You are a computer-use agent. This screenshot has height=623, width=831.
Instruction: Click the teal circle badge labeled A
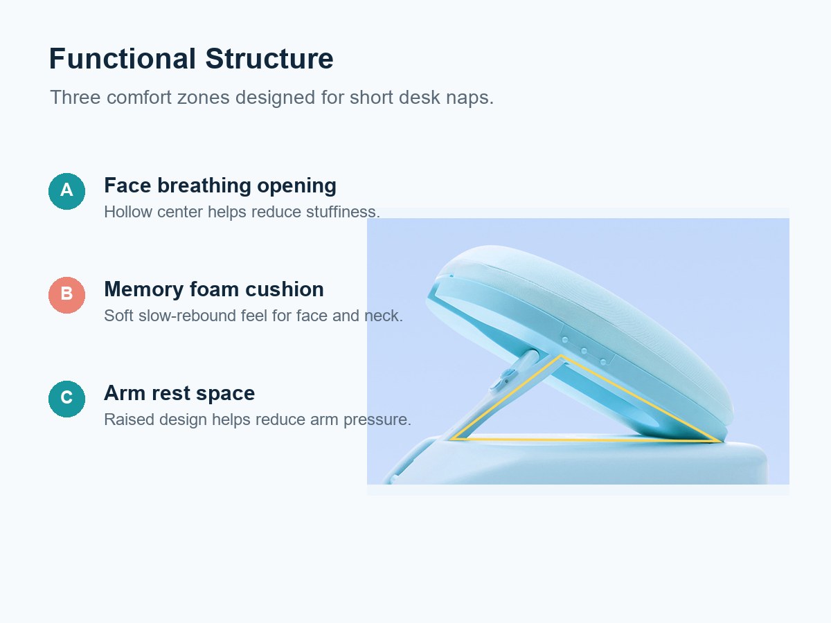click(66, 191)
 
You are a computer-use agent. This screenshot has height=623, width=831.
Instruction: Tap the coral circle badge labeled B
click(66, 295)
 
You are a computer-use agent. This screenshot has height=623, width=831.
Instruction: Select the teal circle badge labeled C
click(66, 399)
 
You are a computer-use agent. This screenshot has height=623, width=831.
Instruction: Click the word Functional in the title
click(123, 59)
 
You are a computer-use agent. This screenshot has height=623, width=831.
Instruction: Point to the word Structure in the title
click(269, 59)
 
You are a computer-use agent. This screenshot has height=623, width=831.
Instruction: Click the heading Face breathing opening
click(220, 186)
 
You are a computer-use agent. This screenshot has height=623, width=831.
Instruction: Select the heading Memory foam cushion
click(214, 289)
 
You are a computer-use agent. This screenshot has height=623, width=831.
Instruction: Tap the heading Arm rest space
click(179, 393)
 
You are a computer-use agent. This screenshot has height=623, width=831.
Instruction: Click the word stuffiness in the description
click(343, 212)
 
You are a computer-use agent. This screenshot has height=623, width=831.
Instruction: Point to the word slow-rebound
click(186, 316)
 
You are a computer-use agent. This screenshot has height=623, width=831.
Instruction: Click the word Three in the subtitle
click(75, 97)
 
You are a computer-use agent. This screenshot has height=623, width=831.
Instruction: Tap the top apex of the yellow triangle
click(561, 355)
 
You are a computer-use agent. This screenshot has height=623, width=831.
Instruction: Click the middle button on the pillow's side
click(584, 351)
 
